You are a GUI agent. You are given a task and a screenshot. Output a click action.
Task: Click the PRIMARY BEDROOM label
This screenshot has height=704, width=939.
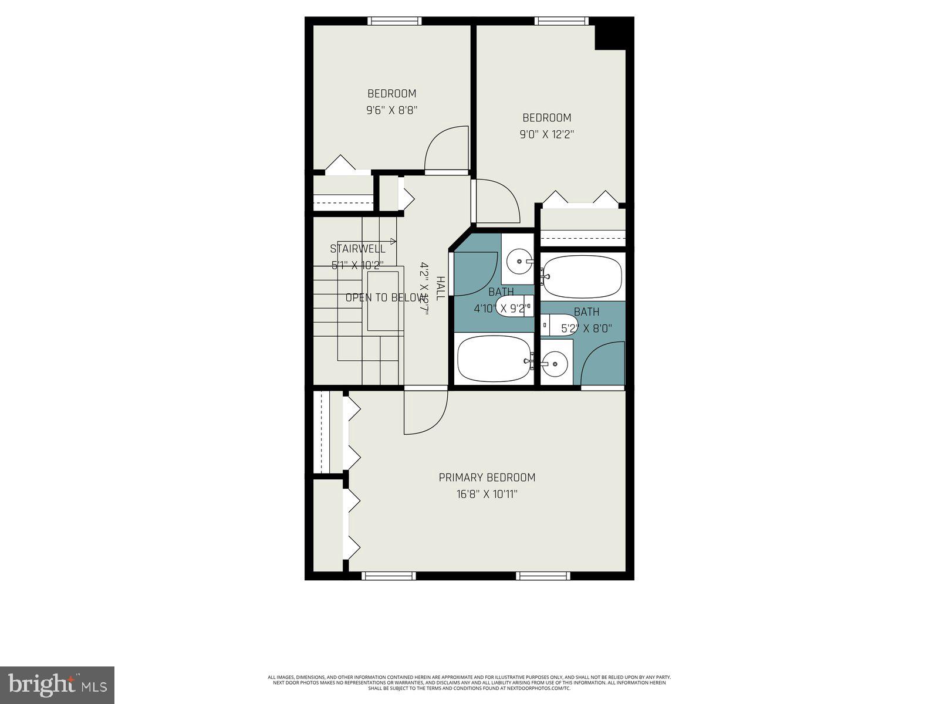(x=487, y=478)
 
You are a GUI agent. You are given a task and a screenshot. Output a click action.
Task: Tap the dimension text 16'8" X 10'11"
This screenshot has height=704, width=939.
(x=487, y=495)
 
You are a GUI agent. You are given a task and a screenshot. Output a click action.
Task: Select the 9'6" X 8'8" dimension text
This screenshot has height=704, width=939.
(x=391, y=110)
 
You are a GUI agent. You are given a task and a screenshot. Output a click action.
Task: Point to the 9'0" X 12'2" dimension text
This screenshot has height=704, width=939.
(x=546, y=134)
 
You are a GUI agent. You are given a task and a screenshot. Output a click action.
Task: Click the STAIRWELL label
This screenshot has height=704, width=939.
(x=357, y=249)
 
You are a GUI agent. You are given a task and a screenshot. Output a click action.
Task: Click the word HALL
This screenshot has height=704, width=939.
(x=441, y=289)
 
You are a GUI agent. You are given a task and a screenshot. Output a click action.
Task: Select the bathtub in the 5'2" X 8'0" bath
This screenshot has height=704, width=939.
(x=581, y=276)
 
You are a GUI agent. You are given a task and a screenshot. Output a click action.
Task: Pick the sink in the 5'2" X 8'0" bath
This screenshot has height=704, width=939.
(x=555, y=364)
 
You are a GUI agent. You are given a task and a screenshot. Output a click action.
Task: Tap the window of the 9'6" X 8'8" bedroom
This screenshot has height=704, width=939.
(x=394, y=21)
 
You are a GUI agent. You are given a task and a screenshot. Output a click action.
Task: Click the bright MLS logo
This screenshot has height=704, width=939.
(x=57, y=685)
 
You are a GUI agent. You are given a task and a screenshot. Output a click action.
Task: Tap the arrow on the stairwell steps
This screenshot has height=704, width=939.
(x=392, y=241)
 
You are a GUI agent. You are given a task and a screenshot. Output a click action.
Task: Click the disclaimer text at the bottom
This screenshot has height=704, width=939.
(x=469, y=683)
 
